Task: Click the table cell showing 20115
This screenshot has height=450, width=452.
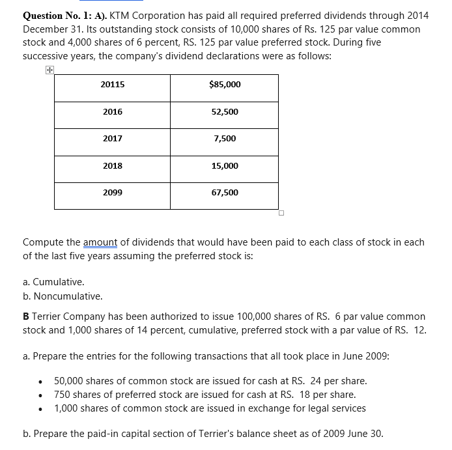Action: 113,85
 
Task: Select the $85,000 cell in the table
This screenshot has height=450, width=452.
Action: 225,85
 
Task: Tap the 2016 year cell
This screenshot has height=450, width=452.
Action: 113,112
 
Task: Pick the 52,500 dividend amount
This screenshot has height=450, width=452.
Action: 225,112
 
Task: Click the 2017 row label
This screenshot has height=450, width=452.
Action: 113,139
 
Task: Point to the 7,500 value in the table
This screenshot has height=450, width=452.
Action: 225,139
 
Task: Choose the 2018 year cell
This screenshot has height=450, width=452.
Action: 113,166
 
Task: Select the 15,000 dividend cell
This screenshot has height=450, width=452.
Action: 225,166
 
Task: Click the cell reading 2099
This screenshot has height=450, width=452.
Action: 113,193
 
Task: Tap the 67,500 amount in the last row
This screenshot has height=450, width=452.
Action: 225,193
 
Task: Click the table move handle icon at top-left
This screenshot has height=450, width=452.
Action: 49,70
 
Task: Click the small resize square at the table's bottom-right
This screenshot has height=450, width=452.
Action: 281,212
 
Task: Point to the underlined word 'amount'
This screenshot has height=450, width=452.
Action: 100,242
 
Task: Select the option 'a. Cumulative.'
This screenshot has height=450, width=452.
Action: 53,283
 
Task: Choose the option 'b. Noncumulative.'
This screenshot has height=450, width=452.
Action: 63,296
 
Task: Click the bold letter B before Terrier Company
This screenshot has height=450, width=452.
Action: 26,316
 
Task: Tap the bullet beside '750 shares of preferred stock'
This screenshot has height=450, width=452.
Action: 41,395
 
